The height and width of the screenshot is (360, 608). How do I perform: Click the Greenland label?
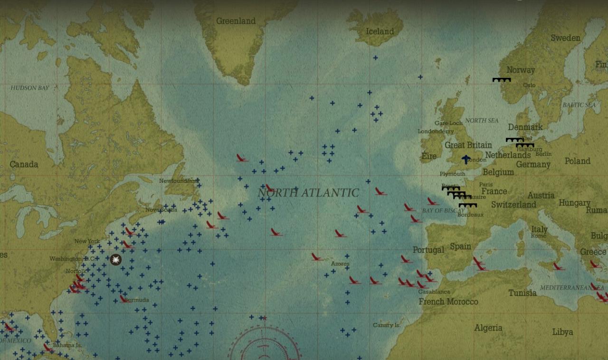pyautogui.click(x=236, y=21)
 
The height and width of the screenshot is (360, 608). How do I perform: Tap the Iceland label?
pyautogui.click(x=380, y=31)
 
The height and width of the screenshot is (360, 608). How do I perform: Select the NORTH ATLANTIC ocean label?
pyautogui.click(x=308, y=193)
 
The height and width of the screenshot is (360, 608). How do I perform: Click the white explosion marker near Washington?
pyautogui.click(x=115, y=259)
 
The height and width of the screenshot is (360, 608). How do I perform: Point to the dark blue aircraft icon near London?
pyautogui.click(x=466, y=159)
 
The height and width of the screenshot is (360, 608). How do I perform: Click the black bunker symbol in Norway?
pyautogui.click(x=502, y=80)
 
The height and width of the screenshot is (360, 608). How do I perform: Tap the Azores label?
pyautogui.click(x=340, y=264)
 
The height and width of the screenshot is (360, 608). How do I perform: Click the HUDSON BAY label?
pyautogui.click(x=29, y=88)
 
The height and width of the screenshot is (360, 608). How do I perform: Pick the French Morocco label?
pyautogui.click(x=448, y=302)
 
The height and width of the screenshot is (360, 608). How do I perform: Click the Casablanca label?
pyautogui.click(x=434, y=292)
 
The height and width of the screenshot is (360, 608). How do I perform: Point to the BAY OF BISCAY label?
pyautogui.click(x=444, y=210)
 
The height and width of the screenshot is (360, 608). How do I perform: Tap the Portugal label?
pyautogui.click(x=428, y=250)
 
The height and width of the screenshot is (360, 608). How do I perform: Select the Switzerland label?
pyautogui.click(x=513, y=205)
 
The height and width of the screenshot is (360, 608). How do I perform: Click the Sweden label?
pyautogui.click(x=565, y=38)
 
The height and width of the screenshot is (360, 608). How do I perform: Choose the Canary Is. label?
pyautogui.click(x=386, y=325)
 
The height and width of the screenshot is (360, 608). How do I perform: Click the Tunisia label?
pyautogui.click(x=522, y=293)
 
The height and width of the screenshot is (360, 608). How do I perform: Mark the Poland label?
pyautogui.click(x=577, y=161)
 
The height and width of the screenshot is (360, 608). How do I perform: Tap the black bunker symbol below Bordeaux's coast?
pyautogui.click(x=468, y=205)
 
